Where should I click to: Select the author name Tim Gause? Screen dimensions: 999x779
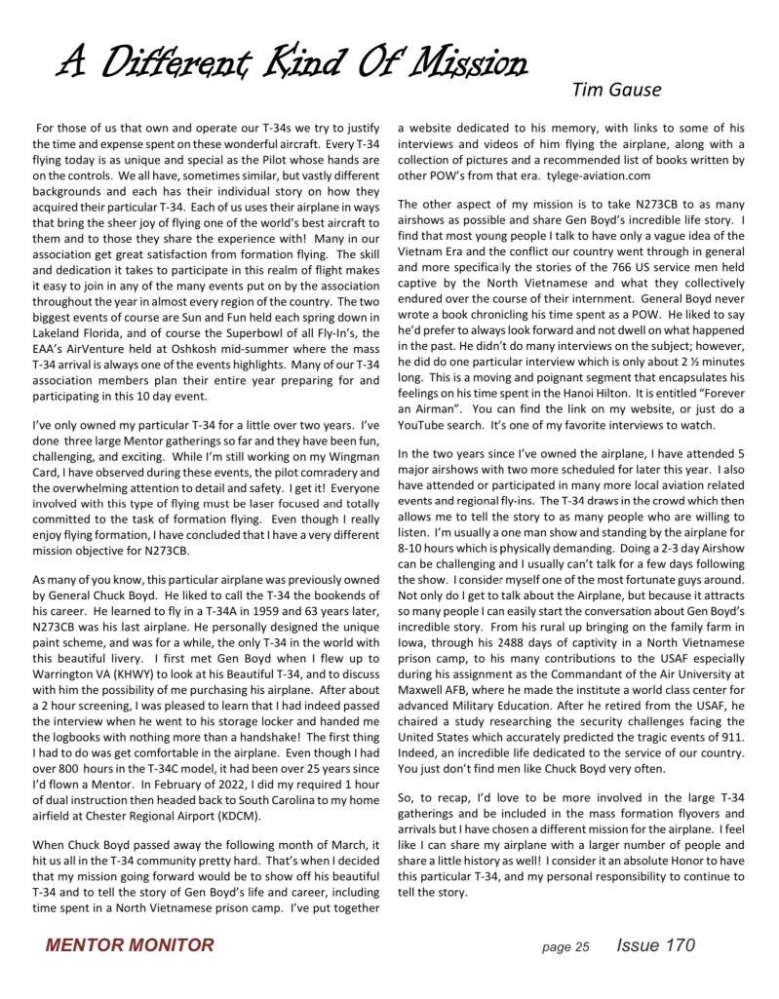point(616,91)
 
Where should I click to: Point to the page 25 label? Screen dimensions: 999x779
point(566,946)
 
